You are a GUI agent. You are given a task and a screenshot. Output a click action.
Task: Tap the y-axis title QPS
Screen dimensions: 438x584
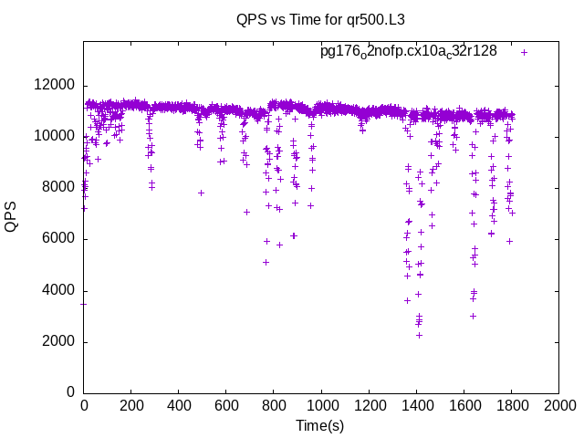(11, 216)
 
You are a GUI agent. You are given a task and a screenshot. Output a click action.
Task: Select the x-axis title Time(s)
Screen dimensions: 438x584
(319, 425)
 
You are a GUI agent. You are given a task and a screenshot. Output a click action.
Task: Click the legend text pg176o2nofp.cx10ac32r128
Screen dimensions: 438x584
(408, 52)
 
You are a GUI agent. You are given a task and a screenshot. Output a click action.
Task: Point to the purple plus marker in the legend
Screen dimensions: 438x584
(524, 52)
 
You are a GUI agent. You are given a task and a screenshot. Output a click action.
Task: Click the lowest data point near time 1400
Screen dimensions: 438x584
(419, 335)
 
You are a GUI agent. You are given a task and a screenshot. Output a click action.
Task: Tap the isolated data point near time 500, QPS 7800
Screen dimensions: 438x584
(202, 193)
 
